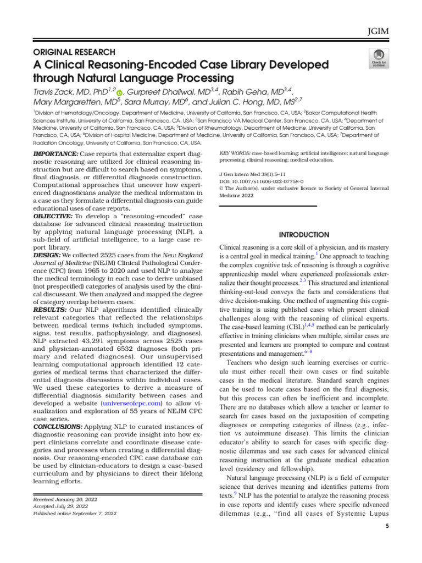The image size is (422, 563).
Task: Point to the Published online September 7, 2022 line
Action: (75, 514)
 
